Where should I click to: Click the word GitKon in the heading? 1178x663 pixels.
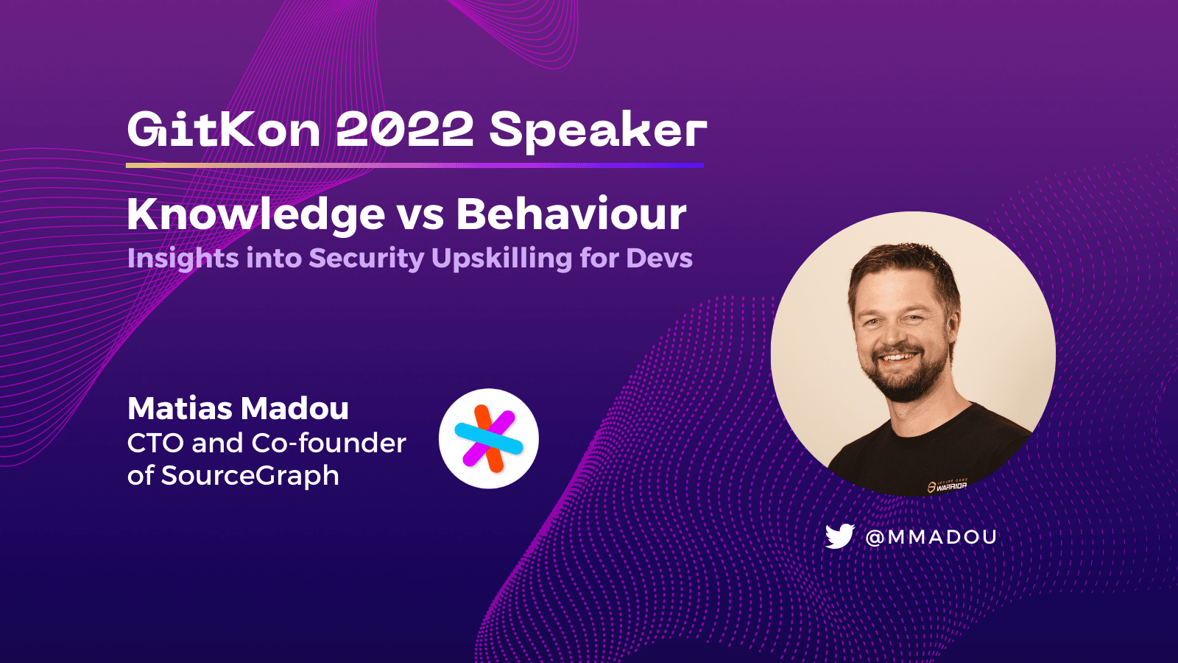(x=224, y=130)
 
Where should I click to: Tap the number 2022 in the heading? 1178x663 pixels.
(x=404, y=130)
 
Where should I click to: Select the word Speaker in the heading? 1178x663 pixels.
(x=598, y=133)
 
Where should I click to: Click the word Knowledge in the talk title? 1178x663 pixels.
(x=256, y=216)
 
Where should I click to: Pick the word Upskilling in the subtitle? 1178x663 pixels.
(x=501, y=259)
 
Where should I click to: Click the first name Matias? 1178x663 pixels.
(x=177, y=408)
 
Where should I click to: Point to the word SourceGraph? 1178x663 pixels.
(x=250, y=476)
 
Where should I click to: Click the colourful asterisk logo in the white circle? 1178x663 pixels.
(x=489, y=438)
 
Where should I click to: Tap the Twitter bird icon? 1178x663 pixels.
(x=840, y=536)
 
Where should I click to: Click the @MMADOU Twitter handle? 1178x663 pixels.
(x=931, y=537)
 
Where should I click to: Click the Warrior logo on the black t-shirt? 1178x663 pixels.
(x=947, y=485)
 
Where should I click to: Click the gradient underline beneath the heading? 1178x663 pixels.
(x=415, y=165)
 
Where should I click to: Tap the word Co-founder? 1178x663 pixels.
(x=328, y=443)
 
